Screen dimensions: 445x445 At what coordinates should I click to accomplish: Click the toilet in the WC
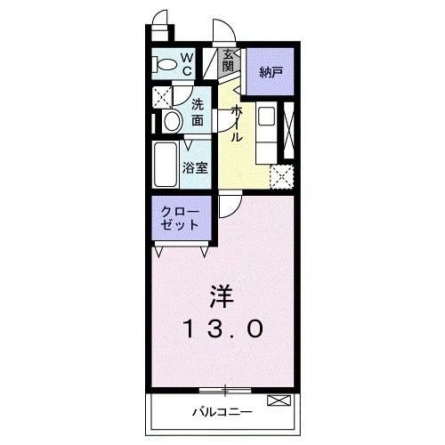(x=165, y=65)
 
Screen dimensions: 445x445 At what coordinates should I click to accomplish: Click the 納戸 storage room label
(x=271, y=71)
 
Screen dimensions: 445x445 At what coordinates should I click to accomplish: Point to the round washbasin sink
(x=173, y=120)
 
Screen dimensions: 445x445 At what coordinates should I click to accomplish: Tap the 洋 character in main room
(x=222, y=294)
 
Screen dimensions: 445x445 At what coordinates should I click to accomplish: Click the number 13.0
(x=222, y=329)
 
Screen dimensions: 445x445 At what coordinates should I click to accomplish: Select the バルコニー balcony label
(x=222, y=412)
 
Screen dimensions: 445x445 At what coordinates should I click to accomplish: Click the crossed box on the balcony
(x=278, y=402)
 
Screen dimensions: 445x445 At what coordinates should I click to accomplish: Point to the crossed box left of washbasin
(x=161, y=97)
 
